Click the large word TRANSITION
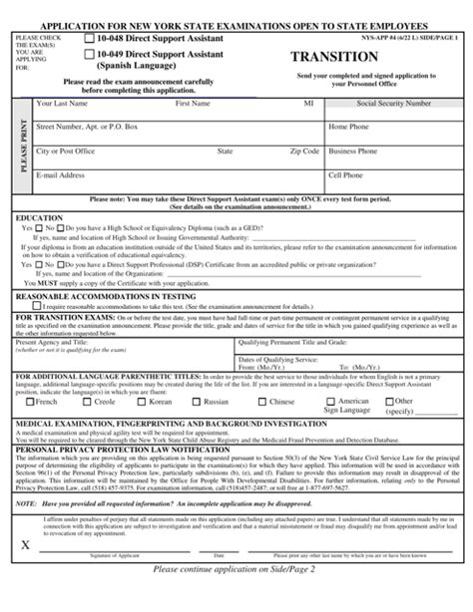click(x=335, y=57)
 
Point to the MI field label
click(x=308, y=103)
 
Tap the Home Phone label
click(x=350, y=127)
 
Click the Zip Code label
click(x=305, y=152)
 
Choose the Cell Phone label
click(x=346, y=175)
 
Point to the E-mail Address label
click(x=60, y=175)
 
